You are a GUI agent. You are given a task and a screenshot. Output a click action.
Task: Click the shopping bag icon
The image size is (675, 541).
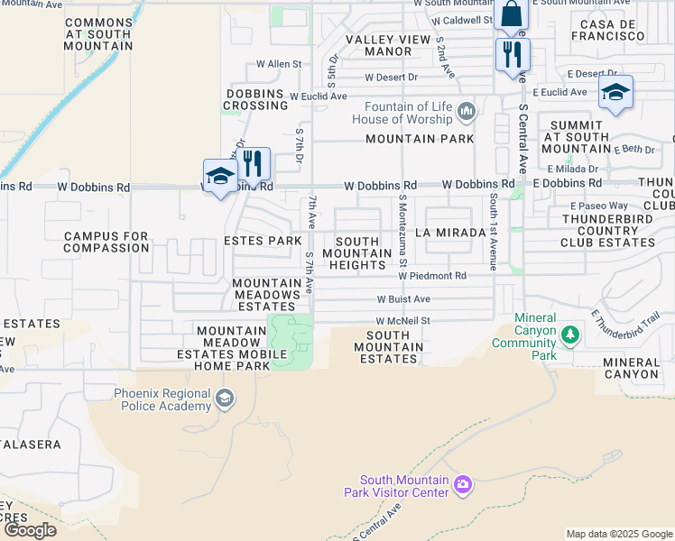click(x=511, y=14)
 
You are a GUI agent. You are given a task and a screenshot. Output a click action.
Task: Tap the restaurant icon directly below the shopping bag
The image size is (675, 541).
click(x=512, y=54)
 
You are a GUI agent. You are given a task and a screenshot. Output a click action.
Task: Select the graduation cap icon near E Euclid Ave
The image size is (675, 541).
click(x=615, y=92)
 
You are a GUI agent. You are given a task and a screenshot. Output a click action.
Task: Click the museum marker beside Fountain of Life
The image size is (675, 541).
click(x=467, y=112)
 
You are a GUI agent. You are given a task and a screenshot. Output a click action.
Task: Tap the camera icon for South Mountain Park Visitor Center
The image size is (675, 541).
click(x=462, y=486)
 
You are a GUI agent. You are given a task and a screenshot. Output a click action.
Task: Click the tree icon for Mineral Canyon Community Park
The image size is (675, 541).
click(x=569, y=336)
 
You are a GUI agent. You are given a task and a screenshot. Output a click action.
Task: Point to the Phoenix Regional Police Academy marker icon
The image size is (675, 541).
click(x=225, y=398)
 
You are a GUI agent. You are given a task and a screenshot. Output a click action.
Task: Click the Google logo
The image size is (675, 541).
click(x=31, y=529)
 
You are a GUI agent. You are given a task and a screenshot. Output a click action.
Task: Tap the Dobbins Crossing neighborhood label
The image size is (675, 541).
click(x=257, y=99)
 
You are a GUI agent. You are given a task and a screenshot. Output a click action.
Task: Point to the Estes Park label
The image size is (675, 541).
click(x=263, y=241)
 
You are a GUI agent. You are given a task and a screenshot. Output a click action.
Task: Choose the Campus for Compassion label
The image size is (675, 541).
click(x=106, y=242)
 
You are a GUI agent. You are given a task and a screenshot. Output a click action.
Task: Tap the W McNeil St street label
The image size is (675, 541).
click(x=403, y=320)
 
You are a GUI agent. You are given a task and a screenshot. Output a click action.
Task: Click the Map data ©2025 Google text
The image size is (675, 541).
click(x=618, y=534)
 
